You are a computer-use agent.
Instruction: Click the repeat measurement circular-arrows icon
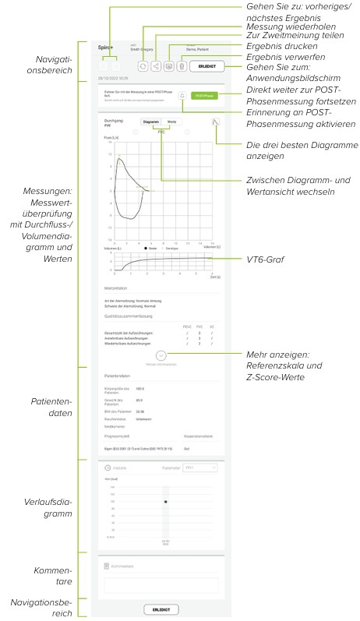143,68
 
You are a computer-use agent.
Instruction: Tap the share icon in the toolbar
156,68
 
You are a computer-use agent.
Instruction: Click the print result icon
169,68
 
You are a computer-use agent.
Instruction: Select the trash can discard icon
182,68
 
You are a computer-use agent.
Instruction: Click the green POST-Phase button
203,96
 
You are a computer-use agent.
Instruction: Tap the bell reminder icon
182,96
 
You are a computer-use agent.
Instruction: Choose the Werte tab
172,122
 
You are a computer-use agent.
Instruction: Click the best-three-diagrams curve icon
216,122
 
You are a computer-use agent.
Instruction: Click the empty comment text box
161,585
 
